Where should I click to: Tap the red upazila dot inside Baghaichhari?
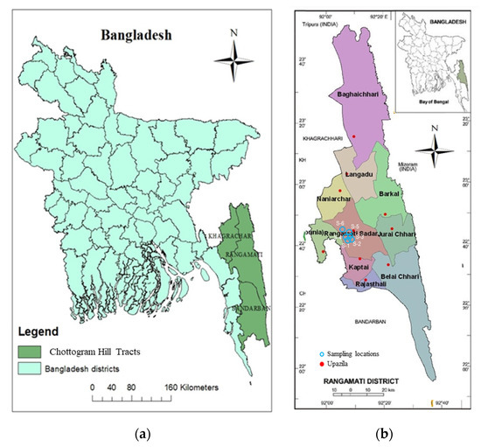tap(354, 136)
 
